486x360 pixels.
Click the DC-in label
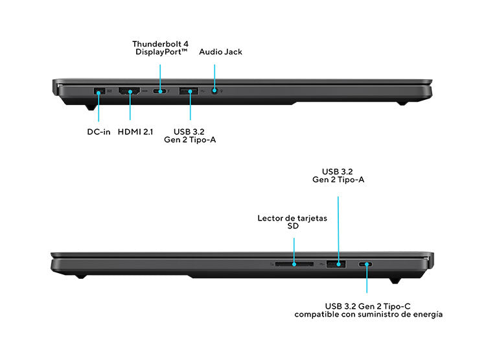pos(98,132)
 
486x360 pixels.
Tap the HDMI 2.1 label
pos(135,132)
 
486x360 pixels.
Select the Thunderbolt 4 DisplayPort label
pos(161,47)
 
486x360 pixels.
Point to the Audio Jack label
pos(220,51)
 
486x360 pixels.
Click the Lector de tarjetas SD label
pos(292,222)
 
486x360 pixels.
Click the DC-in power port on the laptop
pos(99,91)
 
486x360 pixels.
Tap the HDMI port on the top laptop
pos(130,91)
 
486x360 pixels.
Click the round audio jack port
pos(214,91)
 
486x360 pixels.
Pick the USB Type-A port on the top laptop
pos(190,91)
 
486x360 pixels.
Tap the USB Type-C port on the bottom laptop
pos(367,264)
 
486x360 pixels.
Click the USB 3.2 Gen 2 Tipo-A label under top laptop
pos(190,136)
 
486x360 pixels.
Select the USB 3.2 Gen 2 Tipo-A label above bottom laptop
pos(338,175)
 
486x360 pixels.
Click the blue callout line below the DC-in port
pos(99,109)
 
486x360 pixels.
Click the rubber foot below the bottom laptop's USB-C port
pos(395,280)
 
